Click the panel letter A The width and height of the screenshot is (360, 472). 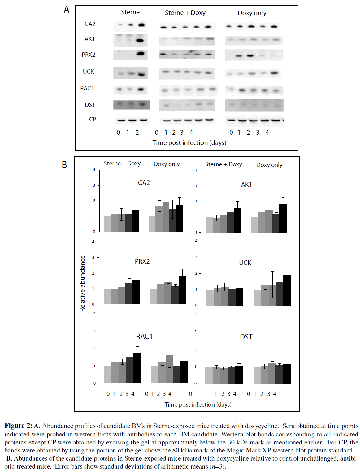pyautogui.click(x=67, y=10)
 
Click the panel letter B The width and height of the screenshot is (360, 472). pyautogui.click(x=64, y=164)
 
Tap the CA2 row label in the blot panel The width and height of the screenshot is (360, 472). pyautogui.click(x=90, y=24)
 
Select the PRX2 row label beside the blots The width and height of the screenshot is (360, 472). pyautogui.click(x=89, y=55)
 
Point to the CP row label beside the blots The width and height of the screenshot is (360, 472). pyautogui.click(x=92, y=120)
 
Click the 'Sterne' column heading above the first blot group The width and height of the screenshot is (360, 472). pyautogui.click(x=130, y=12)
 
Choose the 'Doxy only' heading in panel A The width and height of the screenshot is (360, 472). pyautogui.click(x=252, y=13)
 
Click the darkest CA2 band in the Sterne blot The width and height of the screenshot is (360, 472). pyautogui.click(x=142, y=25)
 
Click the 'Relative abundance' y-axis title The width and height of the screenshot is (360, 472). pyautogui.click(x=82, y=283)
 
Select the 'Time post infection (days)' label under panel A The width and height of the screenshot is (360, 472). pyautogui.click(x=189, y=143)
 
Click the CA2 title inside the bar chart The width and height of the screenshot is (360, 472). pyautogui.click(x=144, y=183)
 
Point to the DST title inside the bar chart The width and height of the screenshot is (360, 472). pyautogui.click(x=246, y=337)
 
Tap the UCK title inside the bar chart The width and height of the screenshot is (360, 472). pyautogui.click(x=245, y=263)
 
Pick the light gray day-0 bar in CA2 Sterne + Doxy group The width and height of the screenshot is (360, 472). pyautogui.click(x=107, y=224)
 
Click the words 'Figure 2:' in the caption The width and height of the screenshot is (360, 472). pyautogui.click(x=18, y=426)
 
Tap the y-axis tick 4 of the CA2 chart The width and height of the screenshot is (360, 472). pyautogui.click(x=94, y=170)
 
